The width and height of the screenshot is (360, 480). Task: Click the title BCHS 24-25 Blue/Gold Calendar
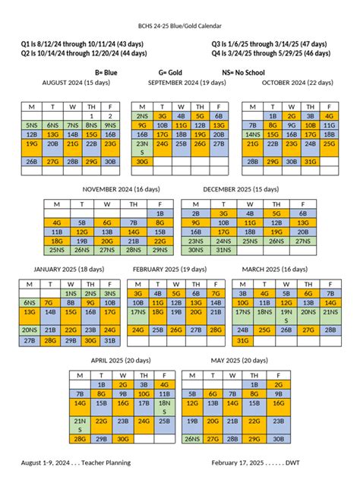click(180, 25)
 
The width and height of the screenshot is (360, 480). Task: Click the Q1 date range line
click(86, 44)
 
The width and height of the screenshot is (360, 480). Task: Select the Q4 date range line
click(271, 53)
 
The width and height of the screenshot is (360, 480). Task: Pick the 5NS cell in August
click(31, 125)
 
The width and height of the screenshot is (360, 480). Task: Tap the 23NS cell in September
click(142, 147)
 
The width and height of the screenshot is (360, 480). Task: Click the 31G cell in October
click(310, 161)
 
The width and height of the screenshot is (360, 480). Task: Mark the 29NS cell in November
click(159, 249)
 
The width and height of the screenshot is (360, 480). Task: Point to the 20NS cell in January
click(30, 330)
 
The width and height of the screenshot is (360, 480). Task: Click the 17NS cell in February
click(138, 311)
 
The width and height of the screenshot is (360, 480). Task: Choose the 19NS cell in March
click(286, 316)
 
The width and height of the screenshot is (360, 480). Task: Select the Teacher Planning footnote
click(76, 462)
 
